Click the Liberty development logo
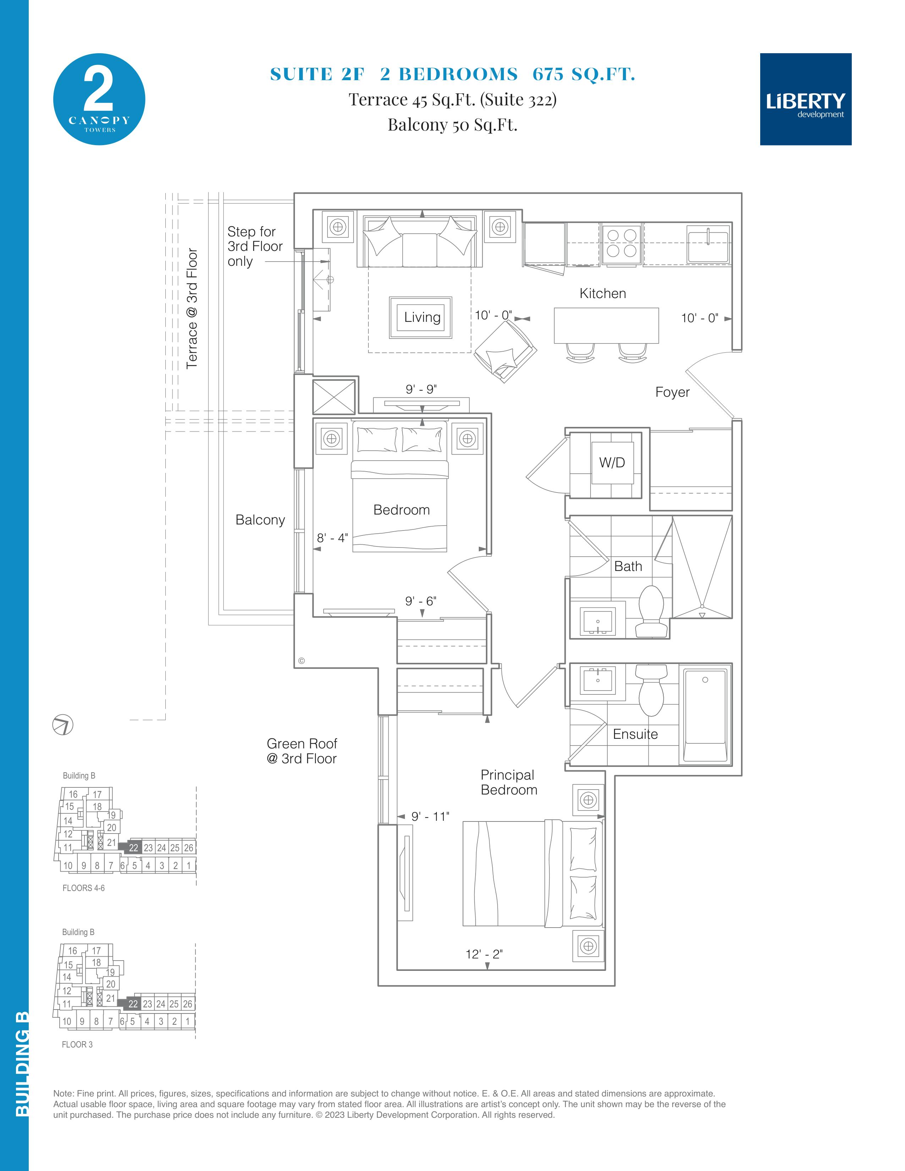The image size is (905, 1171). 805,99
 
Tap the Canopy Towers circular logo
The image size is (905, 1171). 99,99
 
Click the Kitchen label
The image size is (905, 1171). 603,293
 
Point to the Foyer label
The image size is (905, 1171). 672,392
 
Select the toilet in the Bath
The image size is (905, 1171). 651,611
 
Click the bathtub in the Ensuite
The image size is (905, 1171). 706,714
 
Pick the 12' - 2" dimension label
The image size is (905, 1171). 484,954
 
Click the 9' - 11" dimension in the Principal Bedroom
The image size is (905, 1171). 430,816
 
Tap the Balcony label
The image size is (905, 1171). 260,519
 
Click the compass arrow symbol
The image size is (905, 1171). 62,725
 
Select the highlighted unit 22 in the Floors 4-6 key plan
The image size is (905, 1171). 133,848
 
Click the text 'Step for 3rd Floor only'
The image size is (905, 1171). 255,246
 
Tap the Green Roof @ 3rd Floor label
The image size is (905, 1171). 302,751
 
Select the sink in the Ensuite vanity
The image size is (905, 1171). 598,681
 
